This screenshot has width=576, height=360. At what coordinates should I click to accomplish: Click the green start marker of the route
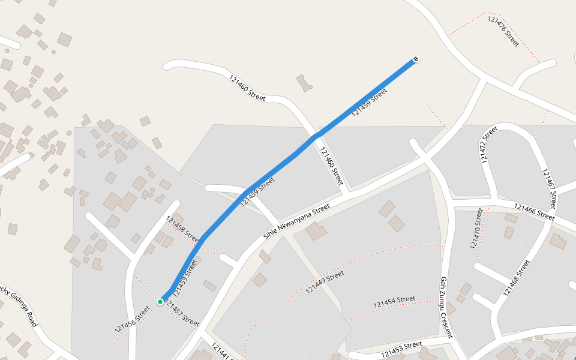click(x=160, y=301)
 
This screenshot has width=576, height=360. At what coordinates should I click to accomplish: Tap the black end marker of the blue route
click(x=415, y=59)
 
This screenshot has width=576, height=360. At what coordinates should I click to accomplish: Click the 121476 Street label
click(x=503, y=31)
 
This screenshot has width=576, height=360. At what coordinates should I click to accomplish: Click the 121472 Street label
click(x=489, y=145)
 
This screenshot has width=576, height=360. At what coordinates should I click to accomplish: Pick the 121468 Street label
click(x=517, y=278)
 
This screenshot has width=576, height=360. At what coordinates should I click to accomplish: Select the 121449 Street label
click(x=325, y=282)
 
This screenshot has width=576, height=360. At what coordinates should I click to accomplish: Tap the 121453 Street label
click(x=401, y=348)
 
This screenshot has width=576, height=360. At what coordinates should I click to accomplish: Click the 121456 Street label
click(x=132, y=319)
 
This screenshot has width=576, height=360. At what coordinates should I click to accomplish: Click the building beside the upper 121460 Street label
click(x=304, y=83)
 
